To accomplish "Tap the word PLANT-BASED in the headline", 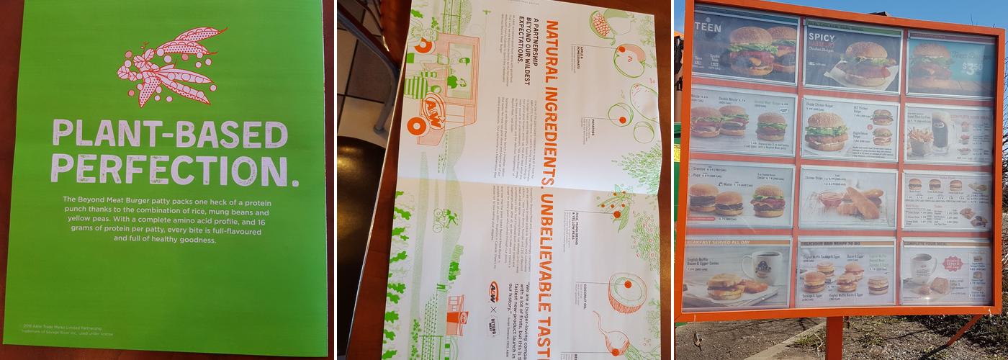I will coord(169,135).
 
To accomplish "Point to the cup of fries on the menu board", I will coord(919,137).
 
